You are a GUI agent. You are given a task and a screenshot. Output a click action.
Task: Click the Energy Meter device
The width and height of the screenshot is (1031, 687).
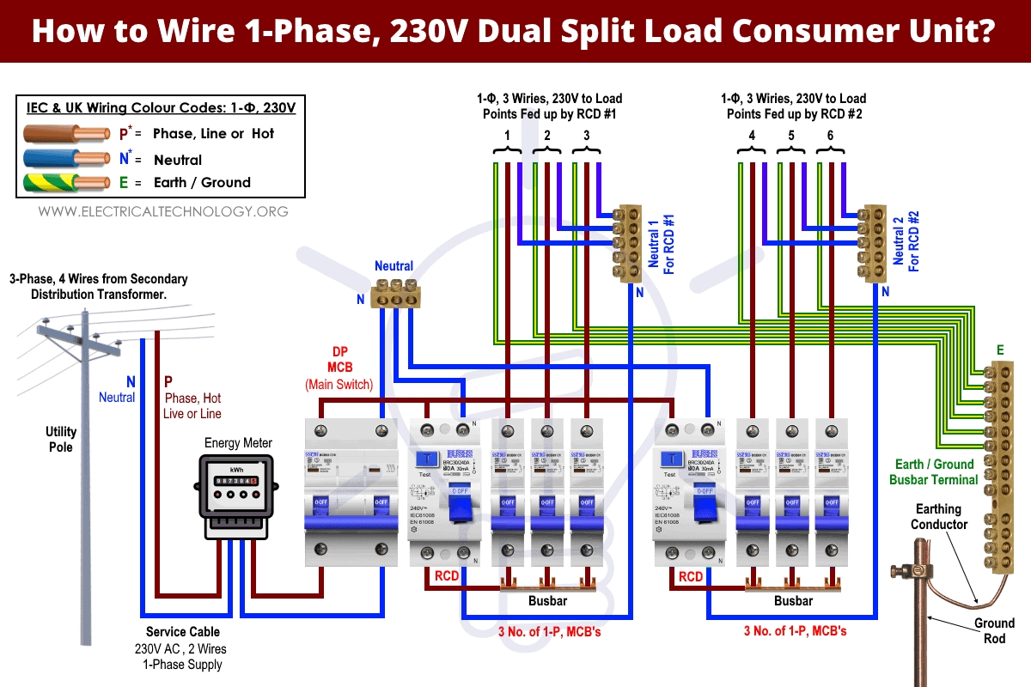click(x=238, y=495)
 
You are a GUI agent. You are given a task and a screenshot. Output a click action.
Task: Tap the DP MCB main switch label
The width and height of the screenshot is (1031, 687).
click(x=339, y=368)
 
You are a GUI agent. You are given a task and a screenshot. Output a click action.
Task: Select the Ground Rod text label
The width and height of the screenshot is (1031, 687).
click(x=994, y=630)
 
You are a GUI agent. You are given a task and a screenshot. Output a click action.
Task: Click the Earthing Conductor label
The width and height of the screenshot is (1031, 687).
click(x=939, y=517)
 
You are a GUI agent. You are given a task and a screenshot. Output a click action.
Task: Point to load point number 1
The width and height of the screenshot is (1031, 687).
click(x=508, y=136)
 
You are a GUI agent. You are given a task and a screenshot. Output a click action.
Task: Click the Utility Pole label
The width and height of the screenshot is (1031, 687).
click(x=61, y=439)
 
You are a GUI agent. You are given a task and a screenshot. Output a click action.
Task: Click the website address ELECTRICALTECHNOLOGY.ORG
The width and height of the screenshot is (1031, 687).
click(x=163, y=211)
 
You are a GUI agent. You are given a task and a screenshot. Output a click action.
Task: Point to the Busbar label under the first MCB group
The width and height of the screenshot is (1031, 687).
click(x=547, y=601)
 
